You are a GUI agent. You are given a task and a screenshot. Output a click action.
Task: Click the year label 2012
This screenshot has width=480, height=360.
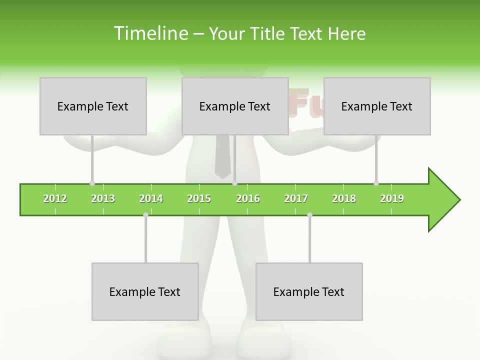point(55,198)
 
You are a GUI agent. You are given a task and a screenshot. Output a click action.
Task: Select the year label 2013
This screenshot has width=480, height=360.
point(103,198)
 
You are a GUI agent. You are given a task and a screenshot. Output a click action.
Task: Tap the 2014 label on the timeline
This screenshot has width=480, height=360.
point(151,198)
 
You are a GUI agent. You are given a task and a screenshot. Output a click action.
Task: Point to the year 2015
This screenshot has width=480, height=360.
point(199,198)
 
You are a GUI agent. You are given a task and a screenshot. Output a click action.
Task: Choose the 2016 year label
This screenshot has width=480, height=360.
point(248,198)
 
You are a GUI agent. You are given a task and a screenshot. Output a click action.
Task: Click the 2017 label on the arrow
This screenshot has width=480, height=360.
point(296,198)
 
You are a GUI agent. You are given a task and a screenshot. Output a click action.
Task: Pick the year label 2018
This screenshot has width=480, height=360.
point(344,198)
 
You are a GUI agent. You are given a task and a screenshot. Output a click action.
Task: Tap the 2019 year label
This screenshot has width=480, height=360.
point(392,198)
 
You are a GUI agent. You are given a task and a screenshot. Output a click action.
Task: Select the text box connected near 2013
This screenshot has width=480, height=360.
point(93,106)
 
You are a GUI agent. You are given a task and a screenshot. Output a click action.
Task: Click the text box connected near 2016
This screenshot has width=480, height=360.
point(235,106)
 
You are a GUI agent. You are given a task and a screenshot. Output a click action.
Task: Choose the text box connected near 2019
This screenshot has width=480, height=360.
point(377,106)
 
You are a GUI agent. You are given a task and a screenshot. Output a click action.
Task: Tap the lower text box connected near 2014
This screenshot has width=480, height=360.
point(145,291)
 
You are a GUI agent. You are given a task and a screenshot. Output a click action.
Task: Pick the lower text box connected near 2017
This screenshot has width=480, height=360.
point(309,291)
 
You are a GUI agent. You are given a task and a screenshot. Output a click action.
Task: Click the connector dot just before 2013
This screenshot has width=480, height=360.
point(92,183)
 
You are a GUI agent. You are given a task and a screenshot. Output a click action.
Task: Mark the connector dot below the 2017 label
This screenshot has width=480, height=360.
point(309,214)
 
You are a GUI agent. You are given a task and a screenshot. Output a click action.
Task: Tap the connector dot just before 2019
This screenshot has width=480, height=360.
point(376,183)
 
